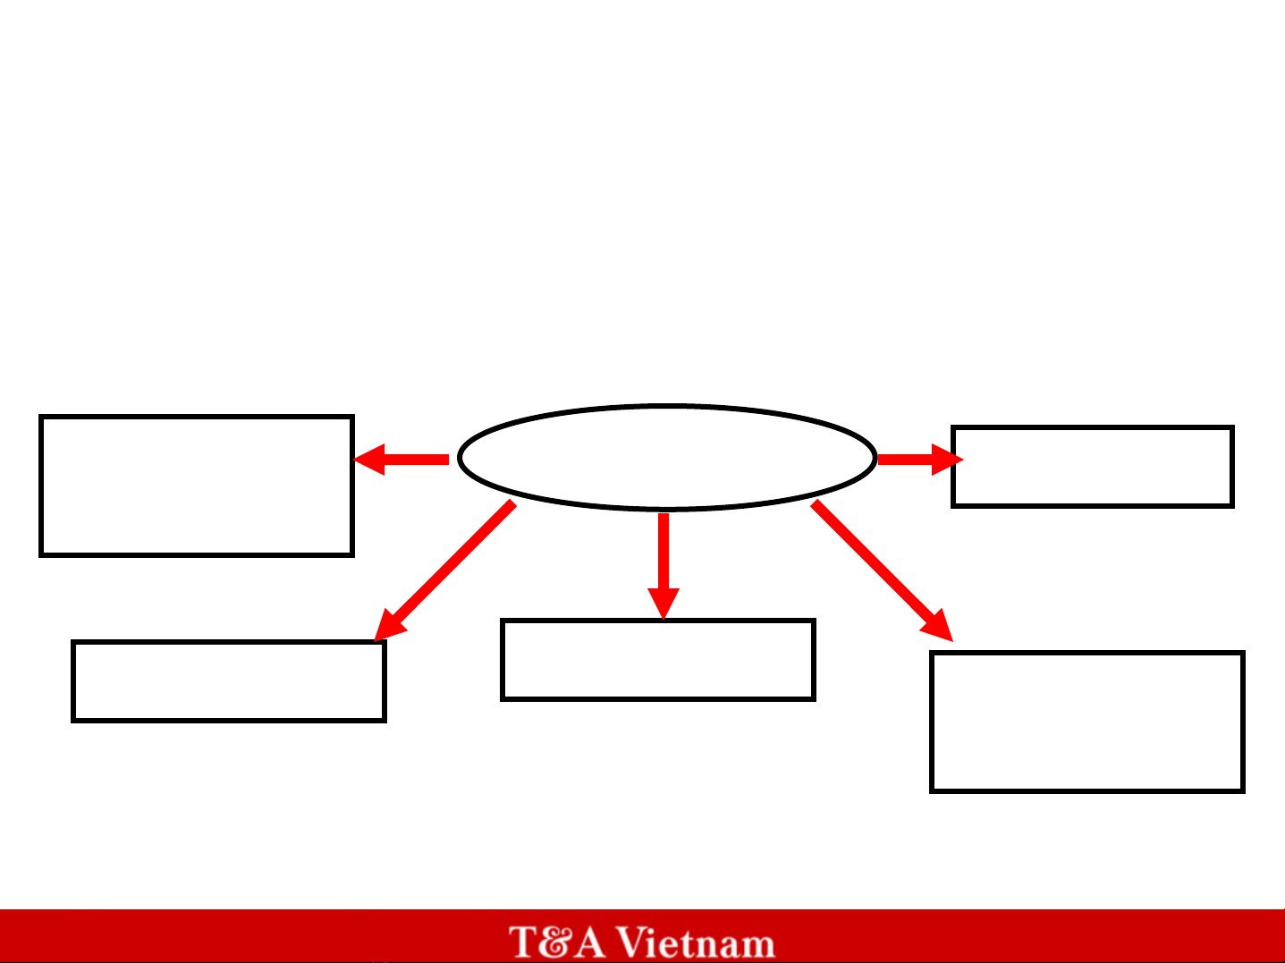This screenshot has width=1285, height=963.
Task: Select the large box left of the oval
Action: coord(197,417)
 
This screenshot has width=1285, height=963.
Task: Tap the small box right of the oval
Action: coord(1093,427)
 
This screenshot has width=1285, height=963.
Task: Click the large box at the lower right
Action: coord(1087,652)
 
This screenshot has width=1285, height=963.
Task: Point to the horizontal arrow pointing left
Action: coord(402,460)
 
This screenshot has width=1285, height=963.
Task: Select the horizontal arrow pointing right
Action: coord(921,460)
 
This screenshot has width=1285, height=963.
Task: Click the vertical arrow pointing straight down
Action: coord(664,566)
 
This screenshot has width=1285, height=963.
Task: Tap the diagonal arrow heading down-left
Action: coord(445,570)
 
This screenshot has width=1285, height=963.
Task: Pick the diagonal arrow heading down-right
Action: coord(882,570)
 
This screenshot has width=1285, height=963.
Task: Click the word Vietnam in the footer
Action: coord(697,942)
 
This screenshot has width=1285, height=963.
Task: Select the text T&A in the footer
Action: coord(557,942)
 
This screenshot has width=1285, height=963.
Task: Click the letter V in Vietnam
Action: coord(634,942)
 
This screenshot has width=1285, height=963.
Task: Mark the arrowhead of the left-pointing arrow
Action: coord(369,460)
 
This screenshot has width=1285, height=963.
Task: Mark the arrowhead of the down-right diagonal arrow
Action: coord(938,627)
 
